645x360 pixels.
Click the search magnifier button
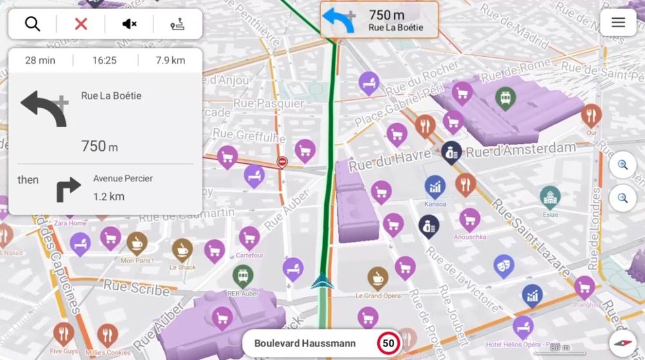pos(32,24)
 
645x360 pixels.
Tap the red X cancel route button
pos(81,24)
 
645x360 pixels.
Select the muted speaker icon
pos(129,24)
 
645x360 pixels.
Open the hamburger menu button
pos(618,23)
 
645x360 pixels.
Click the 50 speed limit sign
pos(388,343)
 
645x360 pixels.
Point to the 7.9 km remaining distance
pos(170,61)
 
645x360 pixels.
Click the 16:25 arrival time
pos(104,61)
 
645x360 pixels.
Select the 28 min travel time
pos(40,61)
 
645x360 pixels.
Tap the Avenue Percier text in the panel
pos(123,178)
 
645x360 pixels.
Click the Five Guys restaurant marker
pos(63,334)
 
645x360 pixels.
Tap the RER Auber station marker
pos(243,275)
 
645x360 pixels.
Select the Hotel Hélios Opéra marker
pos(522,326)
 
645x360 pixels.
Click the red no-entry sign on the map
pos(282,162)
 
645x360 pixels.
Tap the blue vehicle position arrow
pos(322,281)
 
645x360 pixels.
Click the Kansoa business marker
pos(435,186)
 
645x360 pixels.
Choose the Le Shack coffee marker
pos(183,249)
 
